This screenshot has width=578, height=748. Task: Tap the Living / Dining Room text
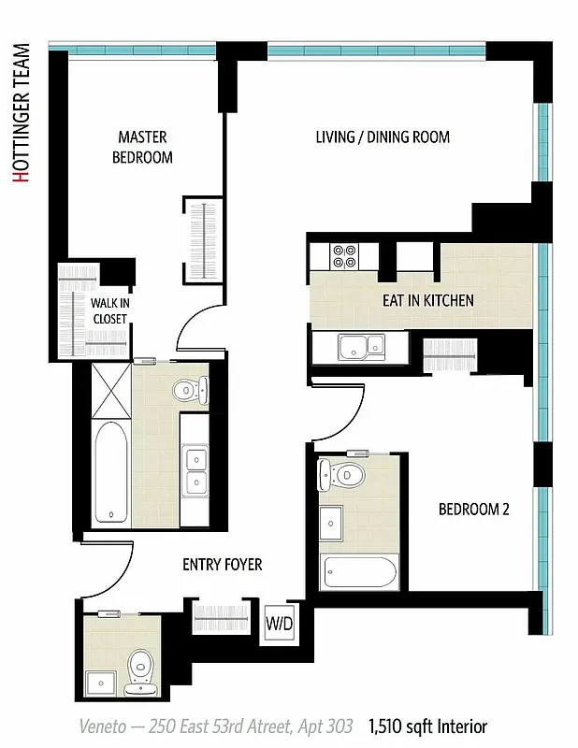point(382,137)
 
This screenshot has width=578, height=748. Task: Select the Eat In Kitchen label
point(427,301)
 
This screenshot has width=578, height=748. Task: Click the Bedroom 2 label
point(474,510)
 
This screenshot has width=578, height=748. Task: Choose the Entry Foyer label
point(222,565)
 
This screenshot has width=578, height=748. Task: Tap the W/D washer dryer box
point(279,622)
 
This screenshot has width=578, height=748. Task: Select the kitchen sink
point(360,347)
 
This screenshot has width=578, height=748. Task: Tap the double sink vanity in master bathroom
point(196,470)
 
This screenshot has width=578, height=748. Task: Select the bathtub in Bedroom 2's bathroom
point(360,570)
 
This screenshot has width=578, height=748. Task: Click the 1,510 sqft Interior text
point(427,726)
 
